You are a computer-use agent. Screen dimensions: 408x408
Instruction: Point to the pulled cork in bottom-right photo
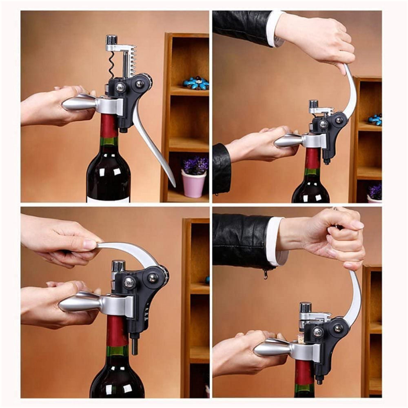click(301, 337)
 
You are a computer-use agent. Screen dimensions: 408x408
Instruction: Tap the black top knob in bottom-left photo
click(118, 266)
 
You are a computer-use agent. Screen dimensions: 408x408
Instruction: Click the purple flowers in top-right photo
click(375, 191)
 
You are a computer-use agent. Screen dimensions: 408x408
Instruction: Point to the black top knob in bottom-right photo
click(306, 307)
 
